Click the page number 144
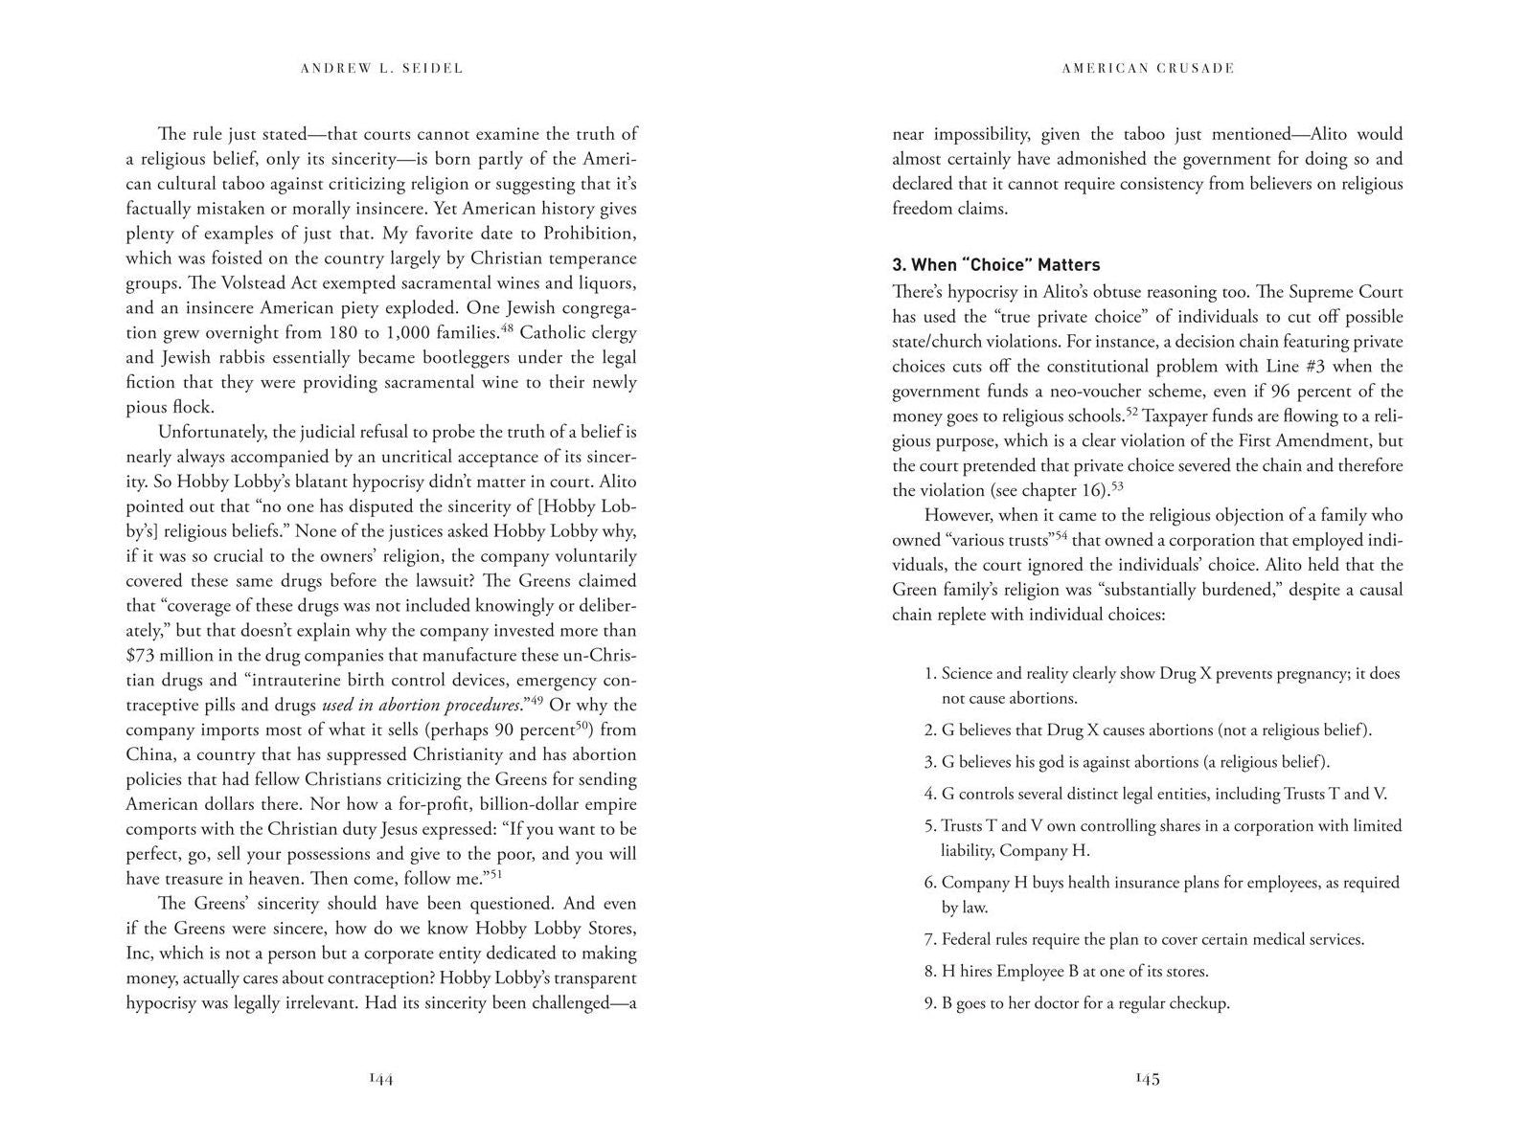(x=381, y=1079)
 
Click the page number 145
(x=1147, y=1079)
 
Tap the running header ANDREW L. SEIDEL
(x=381, y=68)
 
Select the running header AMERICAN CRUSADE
(x=1148, y=68)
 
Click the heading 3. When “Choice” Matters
(x=995, y=265)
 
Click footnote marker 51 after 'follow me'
(x=496, y=873)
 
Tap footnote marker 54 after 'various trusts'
(x=1061, y=534)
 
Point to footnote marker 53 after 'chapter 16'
(x=1116, y=487)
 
